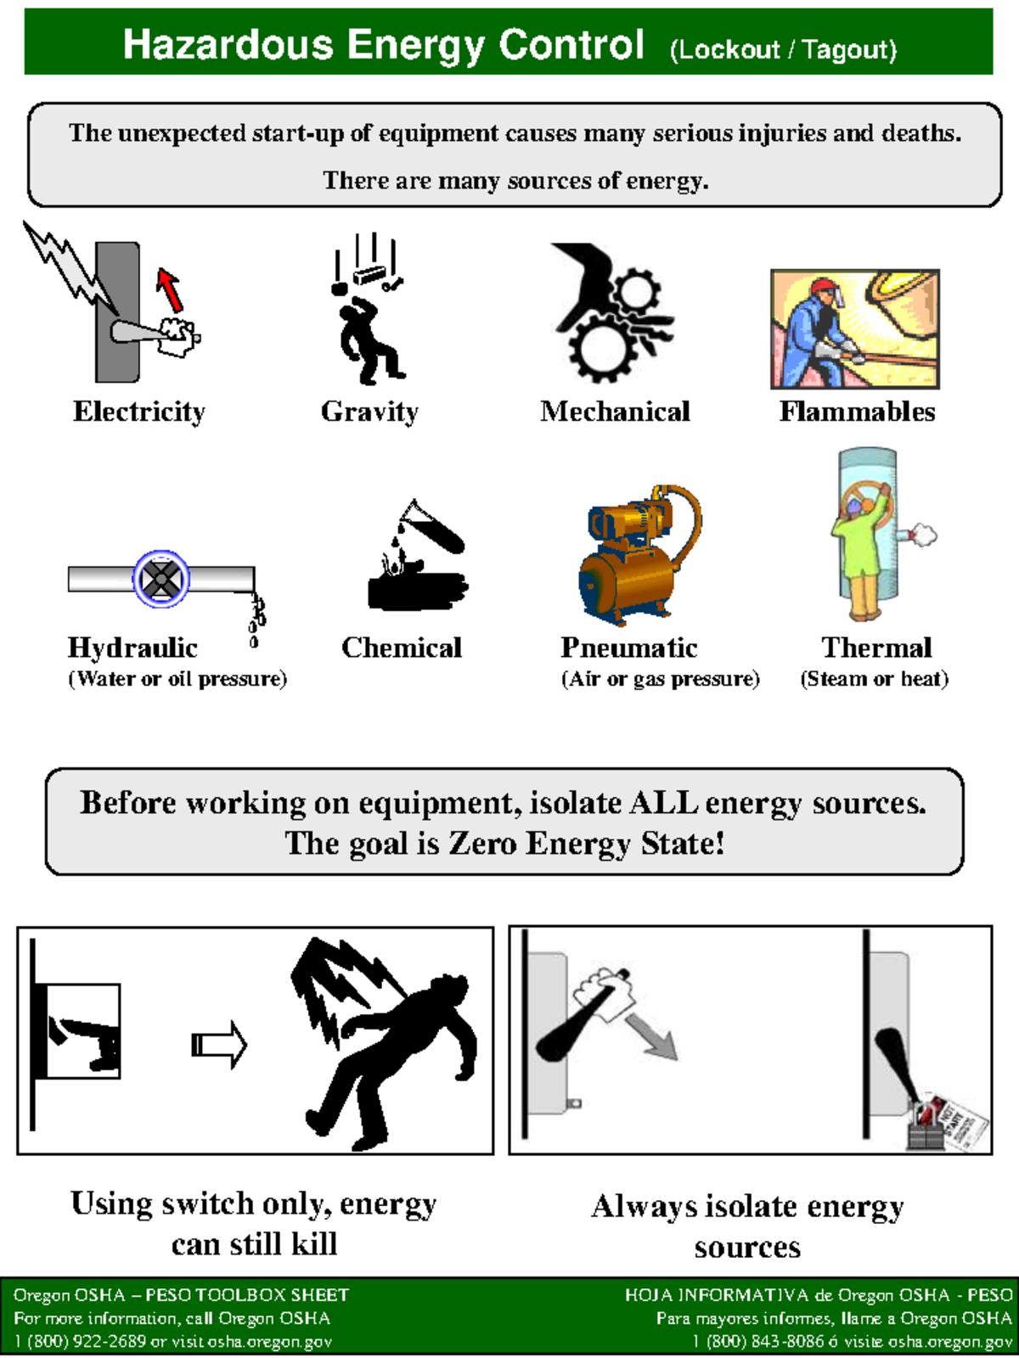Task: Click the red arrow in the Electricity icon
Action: pyautogui.click(x=170, y=290)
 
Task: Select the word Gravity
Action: pyautogui.click(x=369, y=412)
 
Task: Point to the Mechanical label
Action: pyautogui.click(x=615, y=412)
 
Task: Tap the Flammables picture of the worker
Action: pyautogui.click(x=854, y=329)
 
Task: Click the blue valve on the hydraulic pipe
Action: pyautogui.click(x=160, y=579)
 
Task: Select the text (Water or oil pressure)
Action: pyautogui.click(x=177, y=679)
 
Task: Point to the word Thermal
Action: pyautogui.click(x=876, y=648)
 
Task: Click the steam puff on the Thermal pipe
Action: pyautogui.click(x=922, y=535)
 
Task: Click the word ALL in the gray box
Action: pyautogui.click(x=663, y=803)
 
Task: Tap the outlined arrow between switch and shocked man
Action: pyautogui.click(x=219, y=1044)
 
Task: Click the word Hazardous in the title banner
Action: pyautogui.click(x=228, y=44)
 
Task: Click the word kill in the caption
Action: pyautogui.click(x=313, y=1244)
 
